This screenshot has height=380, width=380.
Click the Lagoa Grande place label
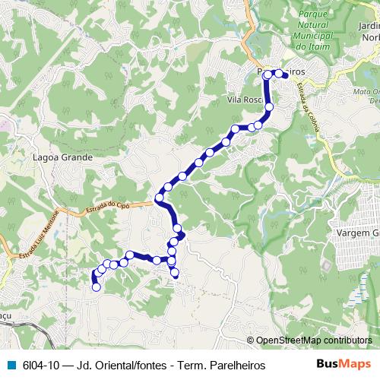click(x=64, y=157)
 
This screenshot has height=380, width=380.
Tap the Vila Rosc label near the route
click(x=245, y=100)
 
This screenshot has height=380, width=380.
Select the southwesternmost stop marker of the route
click(x=96, y=287)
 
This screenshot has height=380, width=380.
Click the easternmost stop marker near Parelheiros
click(x=287, y=75)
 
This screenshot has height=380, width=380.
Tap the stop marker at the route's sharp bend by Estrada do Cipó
click(x=159, y=198)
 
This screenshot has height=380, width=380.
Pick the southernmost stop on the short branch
click(x=175, y=272)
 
